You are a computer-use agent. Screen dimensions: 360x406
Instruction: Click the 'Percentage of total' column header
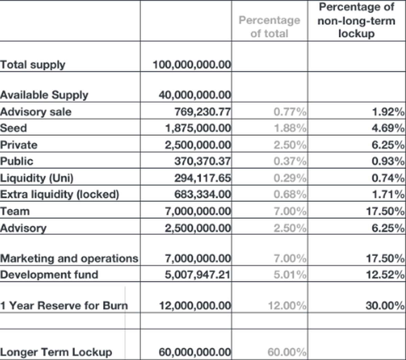click(x=269, y=27)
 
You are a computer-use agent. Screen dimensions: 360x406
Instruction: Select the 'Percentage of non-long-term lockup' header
click(x=356, y=20)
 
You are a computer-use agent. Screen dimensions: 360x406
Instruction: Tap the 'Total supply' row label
click(x=33, y=65)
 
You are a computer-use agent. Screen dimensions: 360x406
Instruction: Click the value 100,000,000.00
click(x=192, y=65)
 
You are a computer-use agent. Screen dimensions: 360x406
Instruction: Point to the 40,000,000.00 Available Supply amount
click(x=195, y=95)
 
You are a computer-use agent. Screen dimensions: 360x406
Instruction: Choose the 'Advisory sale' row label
click(x=36, y=112)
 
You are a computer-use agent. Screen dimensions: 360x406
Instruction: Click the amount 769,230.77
click(x=203, y=112)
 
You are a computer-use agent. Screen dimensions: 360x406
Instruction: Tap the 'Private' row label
click(x=19, y=145)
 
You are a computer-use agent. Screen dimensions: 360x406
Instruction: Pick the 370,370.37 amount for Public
click(x=203, y=161)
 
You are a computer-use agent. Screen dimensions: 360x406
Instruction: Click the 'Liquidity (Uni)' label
click(x=37, y=178)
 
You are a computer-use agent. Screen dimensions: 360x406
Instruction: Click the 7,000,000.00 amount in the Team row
click(x=198, y=211)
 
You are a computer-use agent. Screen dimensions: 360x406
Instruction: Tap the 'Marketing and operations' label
click(x=69, y=258)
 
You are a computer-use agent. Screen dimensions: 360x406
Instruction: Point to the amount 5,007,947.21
click(x=198, y=274)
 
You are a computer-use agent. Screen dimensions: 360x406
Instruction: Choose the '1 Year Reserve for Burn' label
click(x=64, y=306)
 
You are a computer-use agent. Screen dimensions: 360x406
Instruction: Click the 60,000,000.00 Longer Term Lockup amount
click(x=195, y=352)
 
